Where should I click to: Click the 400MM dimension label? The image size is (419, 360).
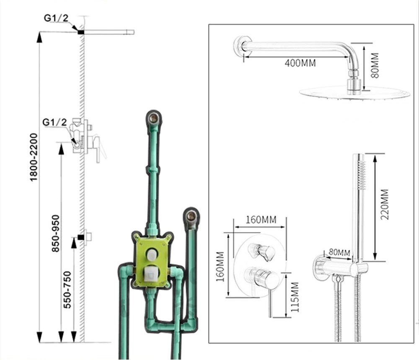click(x=300, y=63)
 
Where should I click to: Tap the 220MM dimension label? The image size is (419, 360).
click(x=385, y=204)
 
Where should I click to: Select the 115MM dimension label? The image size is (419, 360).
click(x=295, y=297)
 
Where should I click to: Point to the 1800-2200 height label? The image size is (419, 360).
click(x=34, y=157)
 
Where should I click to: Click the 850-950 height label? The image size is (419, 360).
click(x=56, y=233)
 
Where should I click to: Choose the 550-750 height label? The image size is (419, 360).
click(x=67, y=290)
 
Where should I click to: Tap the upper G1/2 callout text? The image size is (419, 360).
click(x=56, y=18)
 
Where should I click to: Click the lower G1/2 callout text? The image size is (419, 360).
click(x=54, y=122)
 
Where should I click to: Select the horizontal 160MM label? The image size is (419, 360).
click(x=261, y=219)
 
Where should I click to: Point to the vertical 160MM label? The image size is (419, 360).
click(x=220, y=267)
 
